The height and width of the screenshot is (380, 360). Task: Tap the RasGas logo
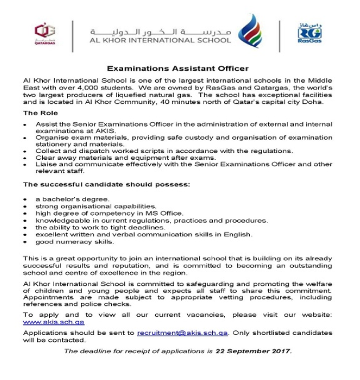pos(310,33)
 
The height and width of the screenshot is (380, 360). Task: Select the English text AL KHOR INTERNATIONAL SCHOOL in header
pos(160,41)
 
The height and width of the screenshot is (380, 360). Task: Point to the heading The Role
pos(39,114)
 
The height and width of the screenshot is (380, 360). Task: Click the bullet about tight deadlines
pos(100,227)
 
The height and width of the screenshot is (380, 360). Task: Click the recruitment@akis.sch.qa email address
pos(183,333)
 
